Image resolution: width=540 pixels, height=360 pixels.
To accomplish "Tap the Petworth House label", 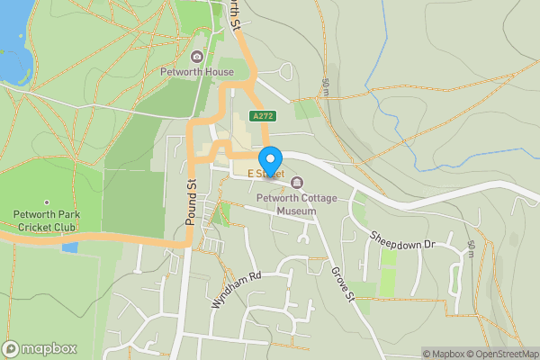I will [196, 72].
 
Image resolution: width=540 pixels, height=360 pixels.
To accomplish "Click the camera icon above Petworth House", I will [196, 57].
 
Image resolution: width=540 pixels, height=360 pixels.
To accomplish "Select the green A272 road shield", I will [263, 116].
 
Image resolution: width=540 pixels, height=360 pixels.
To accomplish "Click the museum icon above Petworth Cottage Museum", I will [297, 184].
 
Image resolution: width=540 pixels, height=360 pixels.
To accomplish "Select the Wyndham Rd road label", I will [235, 290].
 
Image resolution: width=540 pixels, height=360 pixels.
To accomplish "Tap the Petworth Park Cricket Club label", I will [46, 220].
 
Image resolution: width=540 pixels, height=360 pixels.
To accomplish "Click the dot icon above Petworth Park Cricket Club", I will [46, 202].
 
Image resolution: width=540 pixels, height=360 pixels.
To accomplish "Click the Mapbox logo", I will [40, 348].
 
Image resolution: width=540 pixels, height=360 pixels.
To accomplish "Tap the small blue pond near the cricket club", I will [69, 247].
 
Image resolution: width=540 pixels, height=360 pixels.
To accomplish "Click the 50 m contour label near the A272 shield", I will [325, 86].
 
